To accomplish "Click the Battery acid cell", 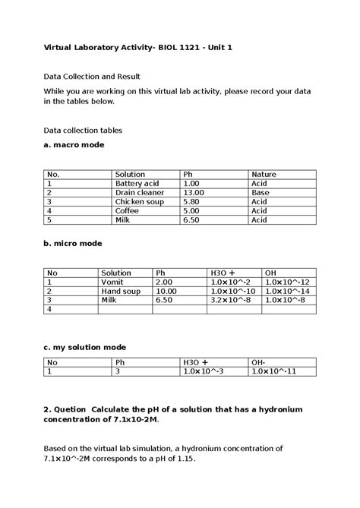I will click(137, 184).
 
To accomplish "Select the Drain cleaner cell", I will click(139, 193).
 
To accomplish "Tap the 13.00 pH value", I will click(194, 193).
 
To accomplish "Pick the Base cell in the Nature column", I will click(260, 193).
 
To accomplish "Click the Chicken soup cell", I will click(139, 202).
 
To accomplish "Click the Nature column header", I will click(264, 175).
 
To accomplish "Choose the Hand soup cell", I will click(122, 291).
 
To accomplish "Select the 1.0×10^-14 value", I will click(287, 291).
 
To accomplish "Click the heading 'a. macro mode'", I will click(74, 144).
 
